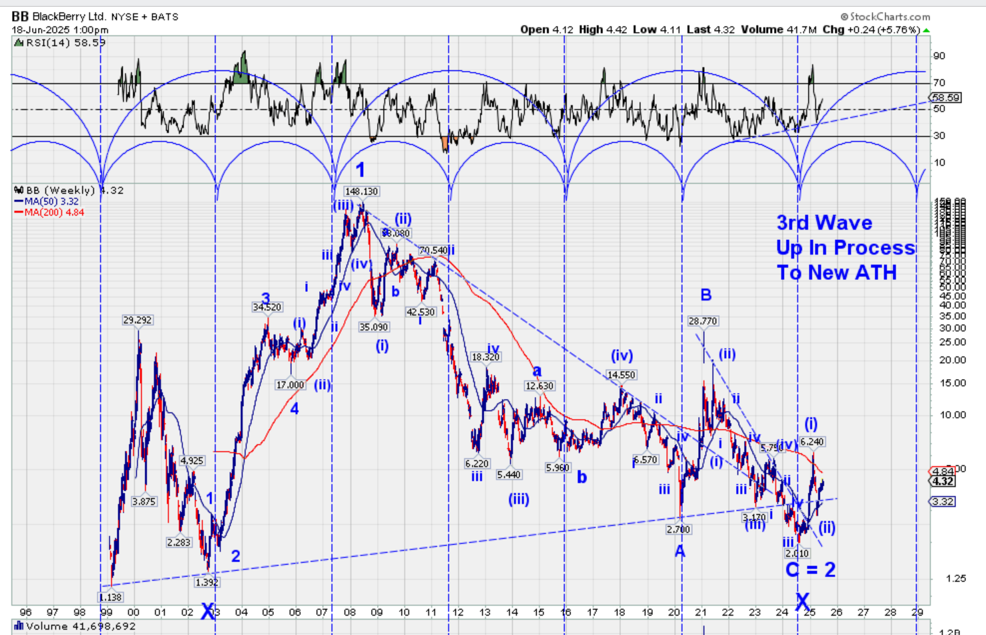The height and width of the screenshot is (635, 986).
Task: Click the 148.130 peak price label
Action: point(362,191)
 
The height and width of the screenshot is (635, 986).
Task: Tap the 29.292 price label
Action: point(137,320)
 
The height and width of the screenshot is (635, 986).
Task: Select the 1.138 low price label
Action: point(110,597)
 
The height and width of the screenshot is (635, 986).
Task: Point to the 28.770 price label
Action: point(702,321)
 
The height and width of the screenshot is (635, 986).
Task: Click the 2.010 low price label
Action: point(797,553)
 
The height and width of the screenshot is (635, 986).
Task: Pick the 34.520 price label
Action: point(267,307)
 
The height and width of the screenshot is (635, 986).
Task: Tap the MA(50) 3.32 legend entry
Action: point(51,201)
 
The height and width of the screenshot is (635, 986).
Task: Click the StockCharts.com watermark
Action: point(886,17)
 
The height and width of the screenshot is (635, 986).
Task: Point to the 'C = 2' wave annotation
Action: point(810,570)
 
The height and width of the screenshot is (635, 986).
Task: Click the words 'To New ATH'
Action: point(836,273)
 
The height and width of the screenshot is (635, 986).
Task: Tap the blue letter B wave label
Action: point(705,295)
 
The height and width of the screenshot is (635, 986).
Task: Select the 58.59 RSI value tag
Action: point(945,98)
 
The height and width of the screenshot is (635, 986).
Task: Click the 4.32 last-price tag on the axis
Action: point(943,481)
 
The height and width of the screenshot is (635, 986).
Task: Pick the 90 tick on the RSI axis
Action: point(939,56)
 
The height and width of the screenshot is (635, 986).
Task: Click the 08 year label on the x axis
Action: point(350,612)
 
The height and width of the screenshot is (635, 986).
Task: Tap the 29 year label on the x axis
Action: point(917,612)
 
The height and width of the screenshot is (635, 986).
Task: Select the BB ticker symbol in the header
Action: point(20,16)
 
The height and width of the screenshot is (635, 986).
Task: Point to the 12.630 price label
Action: point(539,386)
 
